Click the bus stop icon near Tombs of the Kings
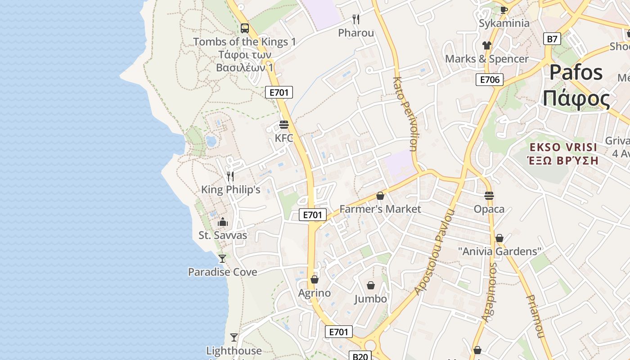pos(244,28)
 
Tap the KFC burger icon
pos(283,124)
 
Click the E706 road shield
pos(490,80)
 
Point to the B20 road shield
pos(360,356)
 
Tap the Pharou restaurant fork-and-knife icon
pos(356,19)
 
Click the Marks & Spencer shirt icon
pos(486,45)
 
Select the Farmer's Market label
pos(380,209)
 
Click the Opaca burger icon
pos(489,195)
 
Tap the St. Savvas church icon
pos(222,222)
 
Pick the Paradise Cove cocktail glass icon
pos(222,258)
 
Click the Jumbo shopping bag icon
pos(370,285)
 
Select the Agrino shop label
pos(315,293)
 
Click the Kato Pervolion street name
pos(405,113)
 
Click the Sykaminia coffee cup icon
pos(504,10)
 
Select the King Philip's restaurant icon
pos(230,176)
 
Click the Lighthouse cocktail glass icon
pos(234,337)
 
